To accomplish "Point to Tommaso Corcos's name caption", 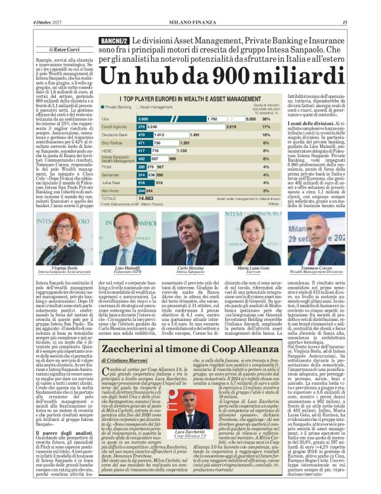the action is (326, 269).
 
